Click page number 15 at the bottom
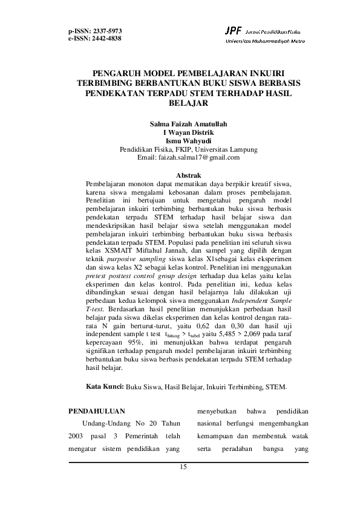click(x=185, y=468)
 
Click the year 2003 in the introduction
click(x=79, y=436)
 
